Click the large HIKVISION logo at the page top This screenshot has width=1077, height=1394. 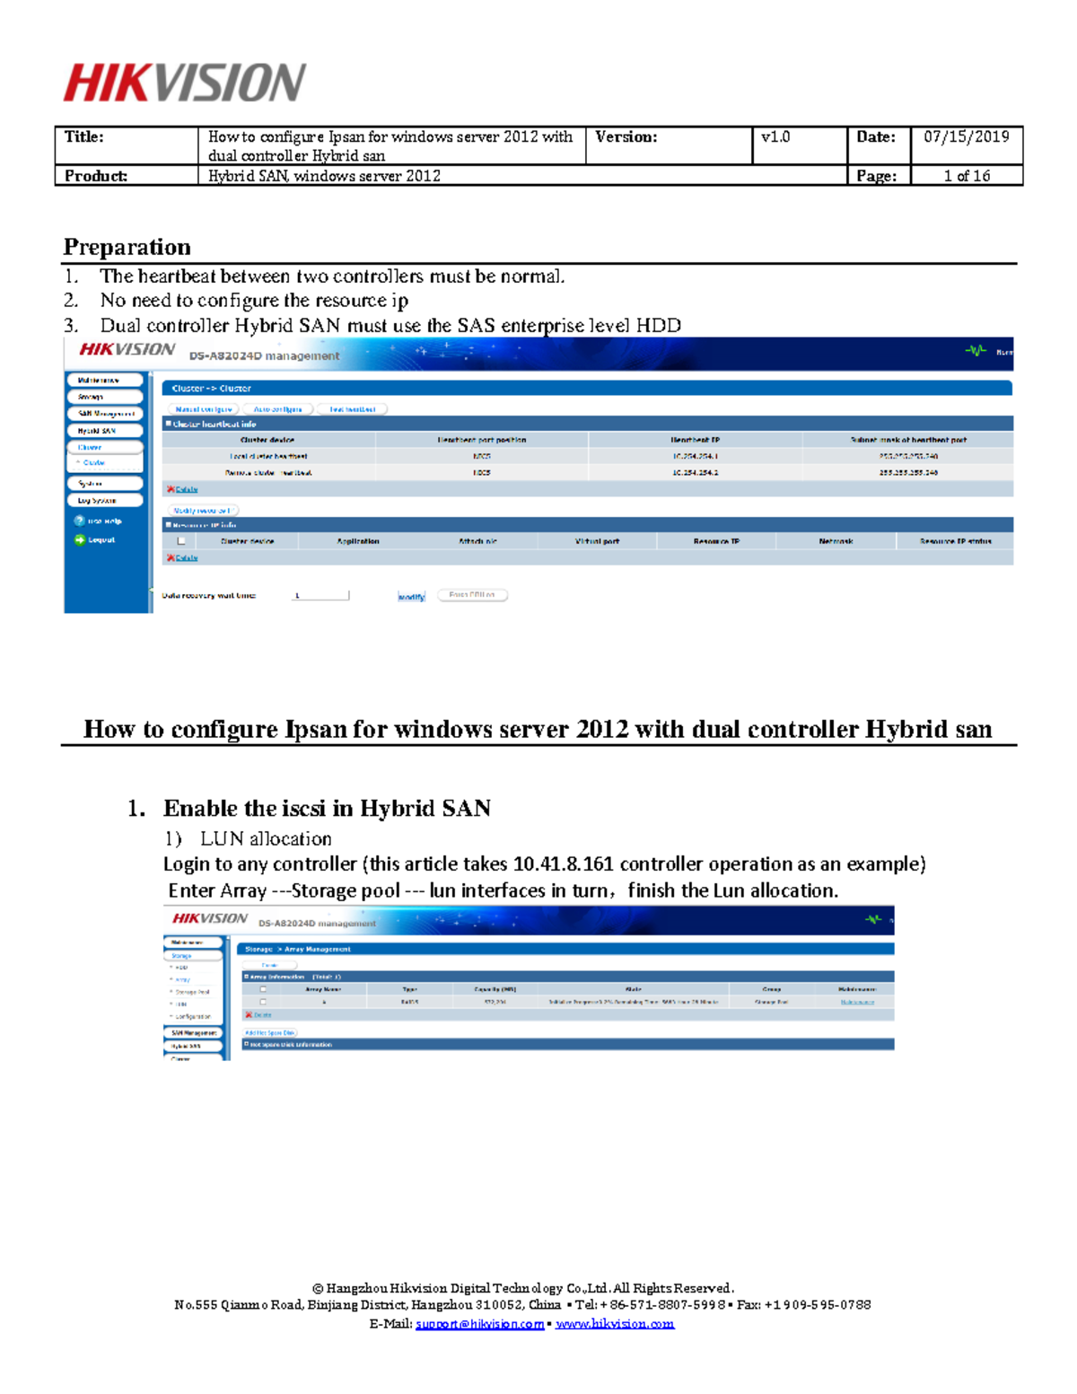[x=184, y=83]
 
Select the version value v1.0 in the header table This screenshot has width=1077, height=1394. [x=775, y=137]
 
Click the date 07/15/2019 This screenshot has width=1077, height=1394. [x=966, y=137]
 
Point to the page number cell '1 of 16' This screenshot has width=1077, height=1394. [x=966, y=176]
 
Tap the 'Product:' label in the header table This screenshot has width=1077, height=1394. [x=95, y=176]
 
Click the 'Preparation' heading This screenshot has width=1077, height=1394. [x=127, y=247]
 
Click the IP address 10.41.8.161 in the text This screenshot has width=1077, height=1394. [x=563, y=864]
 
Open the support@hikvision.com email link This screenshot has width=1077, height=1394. [x=479, y=1324]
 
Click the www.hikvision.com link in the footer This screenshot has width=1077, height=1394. [x=615, y=1324]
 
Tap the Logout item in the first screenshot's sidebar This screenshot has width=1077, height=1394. [x=101, y=539]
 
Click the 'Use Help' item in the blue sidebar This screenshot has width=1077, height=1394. [x=103, y=521]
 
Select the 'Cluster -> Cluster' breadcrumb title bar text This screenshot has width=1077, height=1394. [x=211, y=389]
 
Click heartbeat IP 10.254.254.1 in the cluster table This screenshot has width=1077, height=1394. [x=695, y=456]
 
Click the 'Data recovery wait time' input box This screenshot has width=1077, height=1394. [x=321, y=595]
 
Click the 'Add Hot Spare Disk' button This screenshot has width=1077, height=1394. [x=269, y=1032]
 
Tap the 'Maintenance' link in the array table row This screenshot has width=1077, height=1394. [x=857, y=1002]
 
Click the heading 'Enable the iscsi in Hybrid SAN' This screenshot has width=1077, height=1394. [x=327, y=809]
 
